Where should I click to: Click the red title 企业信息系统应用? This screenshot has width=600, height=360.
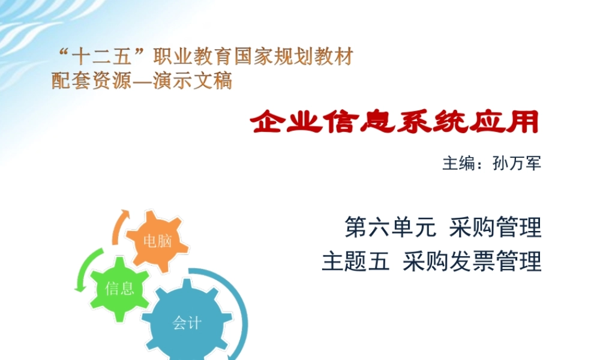pos(394,122)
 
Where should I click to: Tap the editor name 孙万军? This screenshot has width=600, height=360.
pos(517,163)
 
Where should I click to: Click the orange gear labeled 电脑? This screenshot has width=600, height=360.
pos(157,241)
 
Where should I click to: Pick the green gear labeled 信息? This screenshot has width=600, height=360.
pos(119,288)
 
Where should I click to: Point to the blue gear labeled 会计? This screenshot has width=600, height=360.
pos(187,323)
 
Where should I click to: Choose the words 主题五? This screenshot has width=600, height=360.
pos(356,262)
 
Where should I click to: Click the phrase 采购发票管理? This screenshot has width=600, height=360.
pos(472,262)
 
